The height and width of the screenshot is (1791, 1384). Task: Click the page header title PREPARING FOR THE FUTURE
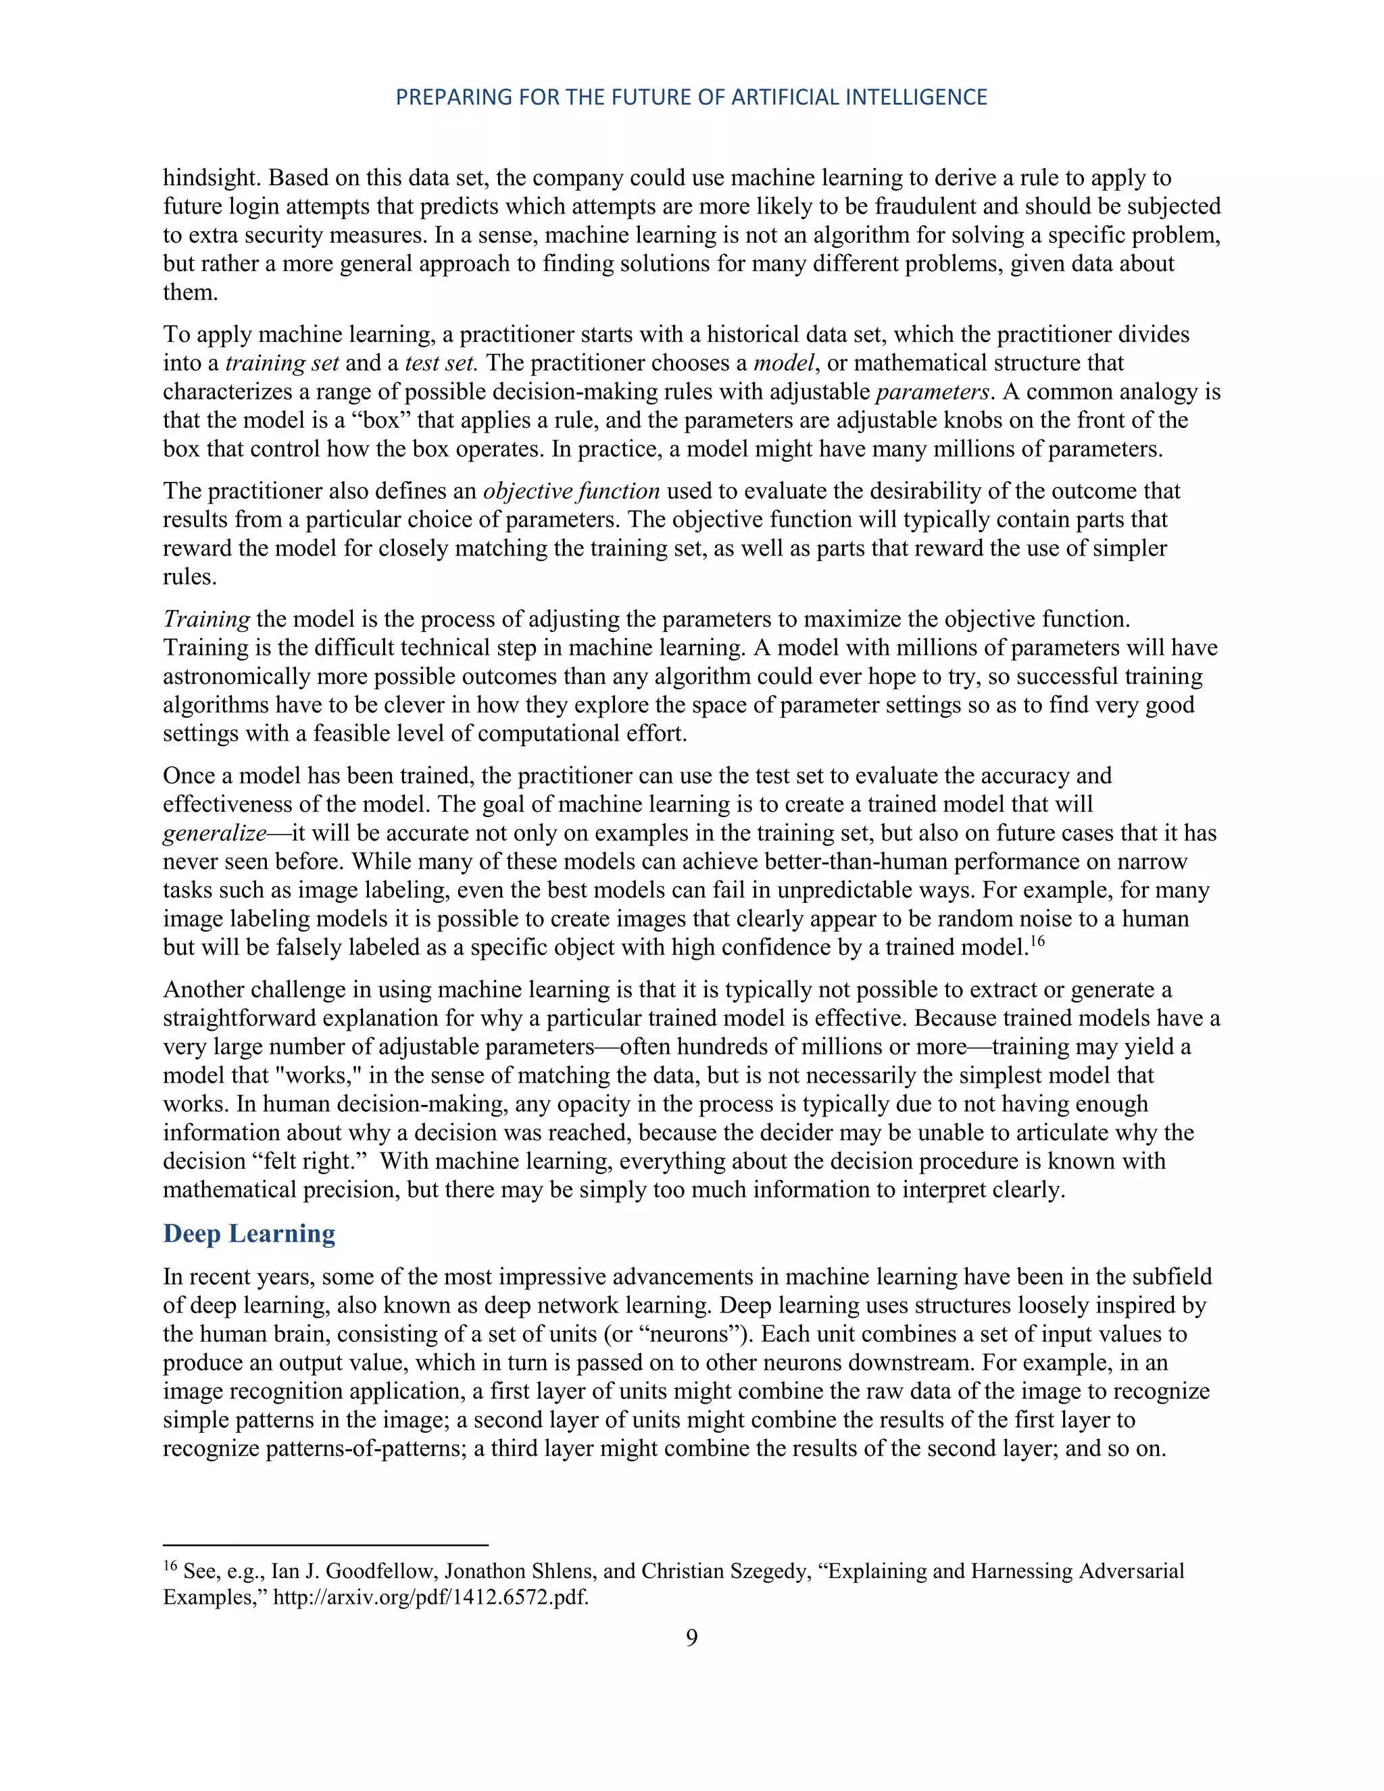click(x=691, y=97)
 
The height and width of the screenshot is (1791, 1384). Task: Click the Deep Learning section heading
click(x=249, y=1233)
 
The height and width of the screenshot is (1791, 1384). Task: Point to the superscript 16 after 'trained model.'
click(x=1037, y=941)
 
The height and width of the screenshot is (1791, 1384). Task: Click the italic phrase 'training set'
click(x=282, y=364)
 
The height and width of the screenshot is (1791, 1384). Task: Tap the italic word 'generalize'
click(x=214, y=834)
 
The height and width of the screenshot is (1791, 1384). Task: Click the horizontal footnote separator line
click(x=326, y=1545)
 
